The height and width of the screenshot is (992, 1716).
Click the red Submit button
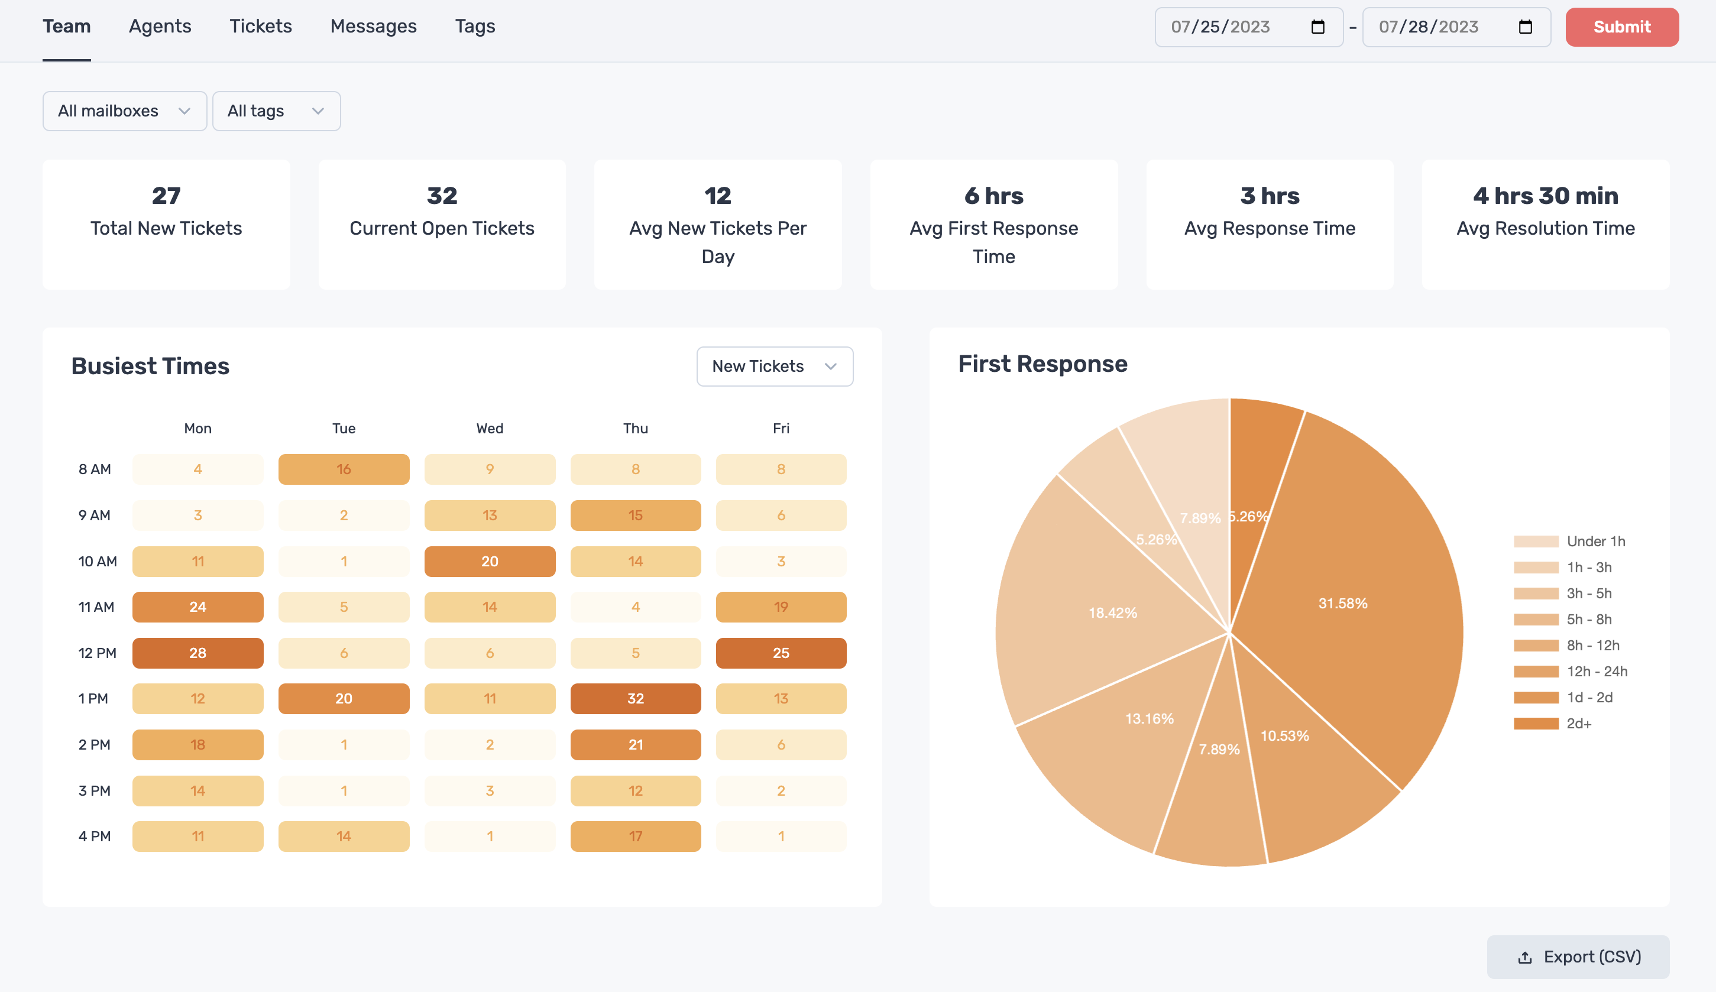click(1621, 27)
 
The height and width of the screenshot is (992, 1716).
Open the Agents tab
click(160, 27)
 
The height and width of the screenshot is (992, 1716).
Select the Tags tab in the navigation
click(475, 27)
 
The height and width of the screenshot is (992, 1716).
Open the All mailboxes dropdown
click(124, 111)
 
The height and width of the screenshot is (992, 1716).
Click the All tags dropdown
click(276, 111)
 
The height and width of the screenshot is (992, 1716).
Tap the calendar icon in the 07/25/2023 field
click(1317, 27)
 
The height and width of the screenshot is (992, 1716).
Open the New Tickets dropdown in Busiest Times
click(774, 367)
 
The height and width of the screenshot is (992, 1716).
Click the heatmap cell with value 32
click(635, 699)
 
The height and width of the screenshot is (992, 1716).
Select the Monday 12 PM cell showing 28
click(197, 653)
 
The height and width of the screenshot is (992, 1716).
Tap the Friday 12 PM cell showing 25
click(781, 653)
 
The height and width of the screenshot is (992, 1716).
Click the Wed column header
click(490, 428)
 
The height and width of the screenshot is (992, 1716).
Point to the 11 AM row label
click(96, 607)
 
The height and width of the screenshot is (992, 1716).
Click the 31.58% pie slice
click(1343, 603)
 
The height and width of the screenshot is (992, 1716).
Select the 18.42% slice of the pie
click(1112, 613)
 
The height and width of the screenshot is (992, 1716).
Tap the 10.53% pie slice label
click(1284, 736)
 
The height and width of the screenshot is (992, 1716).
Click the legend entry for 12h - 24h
click(1596, 672)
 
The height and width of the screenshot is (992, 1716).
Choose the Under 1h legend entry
click(1595, 542)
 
